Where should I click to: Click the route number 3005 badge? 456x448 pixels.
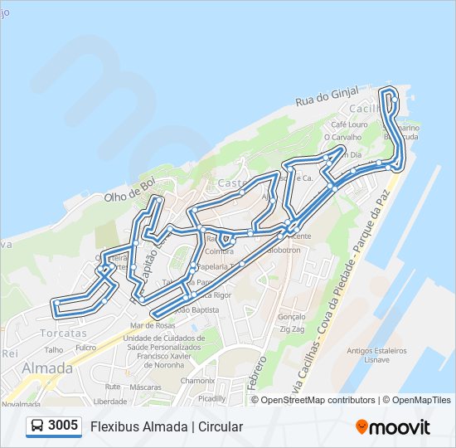pos(54,426)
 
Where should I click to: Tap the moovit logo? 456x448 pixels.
pos(393,427)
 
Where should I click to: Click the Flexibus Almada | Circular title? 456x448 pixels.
pos(167,427)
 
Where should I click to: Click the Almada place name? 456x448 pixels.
pos(46,368)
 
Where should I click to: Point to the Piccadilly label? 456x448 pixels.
pos(212,398)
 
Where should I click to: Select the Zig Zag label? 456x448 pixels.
pos(293,329)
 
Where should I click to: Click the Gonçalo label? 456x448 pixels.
pos(293,317)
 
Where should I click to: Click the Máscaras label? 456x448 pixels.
pos(145,387)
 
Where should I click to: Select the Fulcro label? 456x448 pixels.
pos(86,348)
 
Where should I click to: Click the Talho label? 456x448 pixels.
pos(54,350)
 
